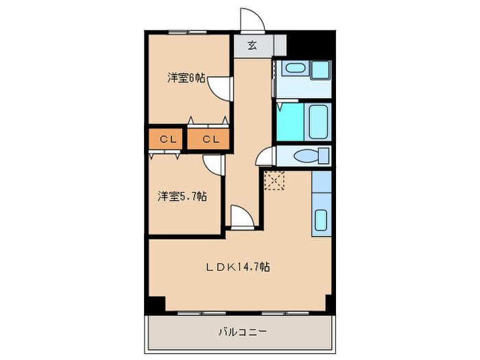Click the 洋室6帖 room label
pyautogui.click(x=186, y=78)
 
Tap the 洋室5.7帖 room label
pyautogui.click(x=182, y=197)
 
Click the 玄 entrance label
pyautogui.click(x=252, y=46)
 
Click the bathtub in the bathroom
pyautogui.click(x=318, y=122)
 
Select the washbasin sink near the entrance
pyautogui.click(x=296, y=69)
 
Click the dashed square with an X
pyautogui.click(x=274, y=181)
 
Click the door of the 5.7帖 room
pyautogui.click(x=213, y=165)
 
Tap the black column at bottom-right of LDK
pyautogui.click(x=328, y=303)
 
